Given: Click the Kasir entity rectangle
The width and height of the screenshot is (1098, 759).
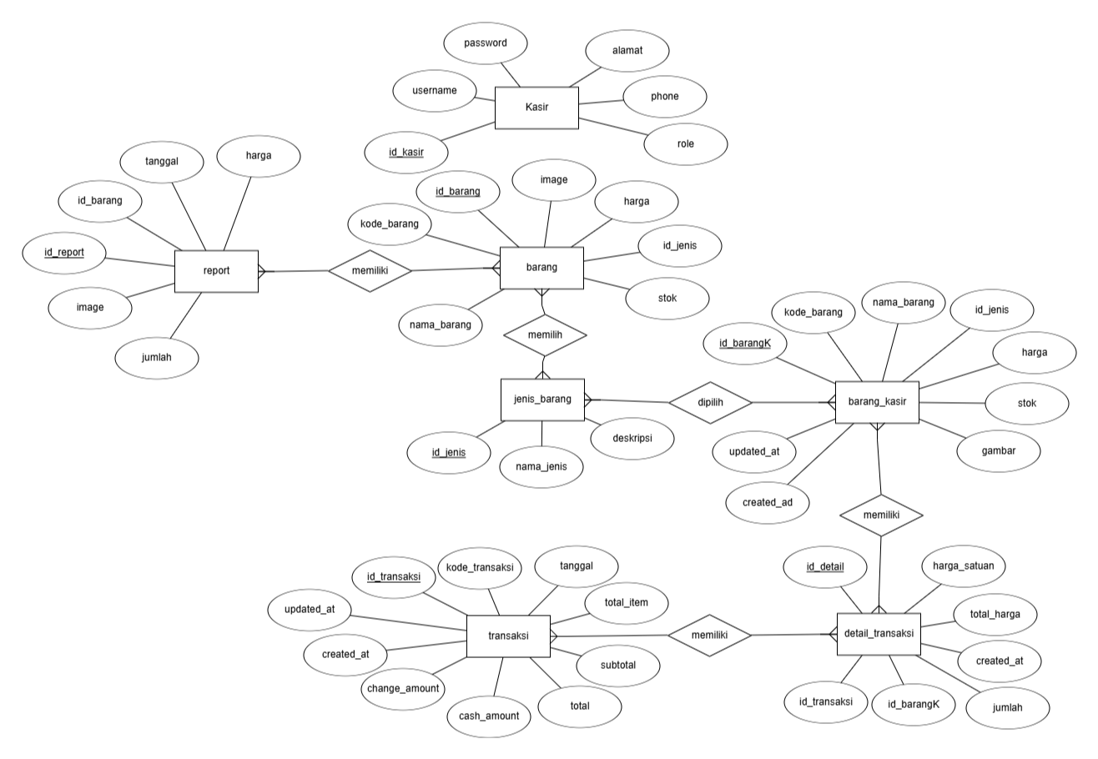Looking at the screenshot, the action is [x=536, y=108].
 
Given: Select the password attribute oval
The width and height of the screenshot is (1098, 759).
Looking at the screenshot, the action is [x=486, y=43].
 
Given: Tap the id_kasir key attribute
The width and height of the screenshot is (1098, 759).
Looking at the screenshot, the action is [x=405, y=153].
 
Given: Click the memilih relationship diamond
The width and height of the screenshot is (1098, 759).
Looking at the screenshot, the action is [x=545, y=335].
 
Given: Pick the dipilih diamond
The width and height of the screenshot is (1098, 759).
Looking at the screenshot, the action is [x=710, y=403].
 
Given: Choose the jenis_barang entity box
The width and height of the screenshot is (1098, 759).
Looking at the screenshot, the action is [x=542, y=400].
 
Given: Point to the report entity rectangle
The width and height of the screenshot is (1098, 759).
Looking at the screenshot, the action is [x=216, y=271].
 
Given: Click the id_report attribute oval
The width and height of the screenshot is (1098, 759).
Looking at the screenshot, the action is [x=63, y=253].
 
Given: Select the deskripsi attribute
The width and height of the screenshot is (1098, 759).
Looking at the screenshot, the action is [x=632, y=439].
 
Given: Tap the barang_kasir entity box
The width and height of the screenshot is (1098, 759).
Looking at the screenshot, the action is [x=878, y=402].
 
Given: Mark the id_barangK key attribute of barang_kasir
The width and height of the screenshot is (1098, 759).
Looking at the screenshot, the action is [x=745, y=344].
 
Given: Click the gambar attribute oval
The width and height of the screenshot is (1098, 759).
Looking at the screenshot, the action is [x=999, y=451].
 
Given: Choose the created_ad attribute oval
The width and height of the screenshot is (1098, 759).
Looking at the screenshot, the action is [x=768, y=503].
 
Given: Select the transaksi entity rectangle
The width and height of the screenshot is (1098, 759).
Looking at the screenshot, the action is [x=508, y=636].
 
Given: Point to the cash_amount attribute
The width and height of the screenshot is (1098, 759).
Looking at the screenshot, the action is [x=489, y=716].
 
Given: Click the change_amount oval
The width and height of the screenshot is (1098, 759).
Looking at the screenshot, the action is [x=403, y=689].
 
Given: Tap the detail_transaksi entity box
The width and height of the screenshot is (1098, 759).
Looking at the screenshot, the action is [x=879, y=634].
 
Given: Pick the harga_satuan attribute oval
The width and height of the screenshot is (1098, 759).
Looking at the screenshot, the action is [x=964, y=566].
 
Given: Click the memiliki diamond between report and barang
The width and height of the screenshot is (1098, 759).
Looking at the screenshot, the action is [x=370, y=271].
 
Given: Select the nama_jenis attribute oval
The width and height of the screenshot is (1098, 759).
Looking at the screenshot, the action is [x=541, y=467].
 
